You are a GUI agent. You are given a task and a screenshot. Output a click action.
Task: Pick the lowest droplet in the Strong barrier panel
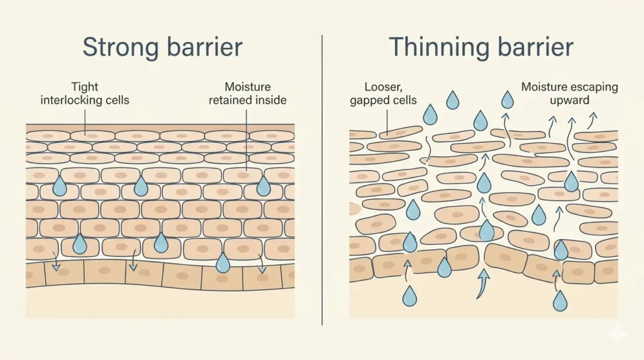(223, 262)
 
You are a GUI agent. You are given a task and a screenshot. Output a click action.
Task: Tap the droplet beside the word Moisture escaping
(507, 99)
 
